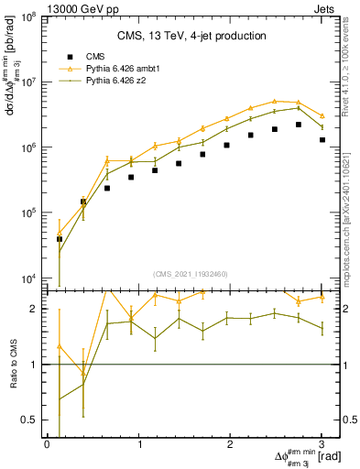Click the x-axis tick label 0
click(47, 443)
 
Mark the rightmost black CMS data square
click(322, 140)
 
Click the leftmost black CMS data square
click(60, 239)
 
